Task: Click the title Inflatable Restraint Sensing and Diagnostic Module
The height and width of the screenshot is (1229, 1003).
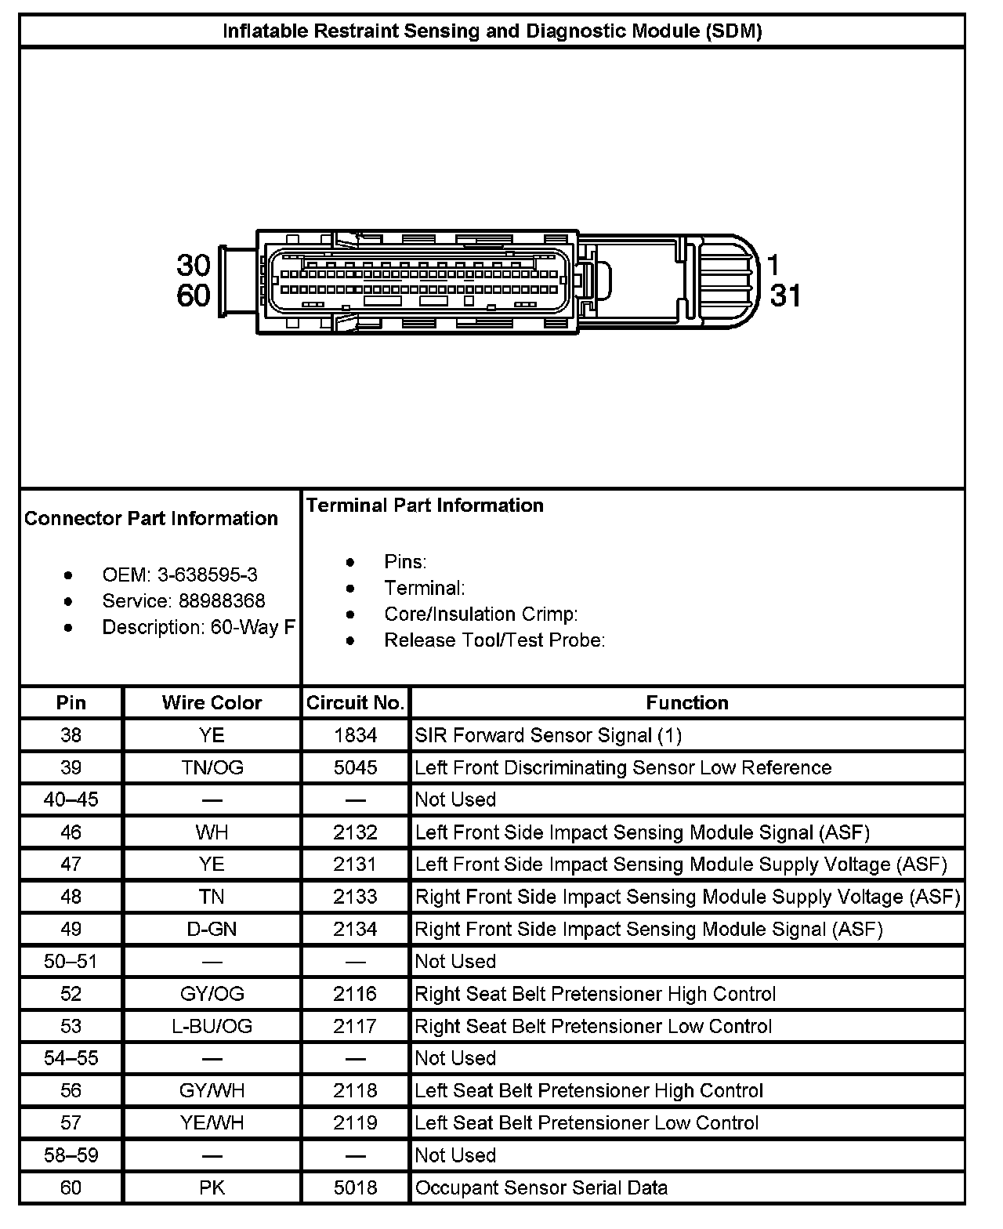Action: point(492,31)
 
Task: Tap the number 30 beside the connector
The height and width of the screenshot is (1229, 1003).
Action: point(194,265)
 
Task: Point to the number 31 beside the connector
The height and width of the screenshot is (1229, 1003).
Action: point(785,295)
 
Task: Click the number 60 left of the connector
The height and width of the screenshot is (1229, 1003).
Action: point(194,295)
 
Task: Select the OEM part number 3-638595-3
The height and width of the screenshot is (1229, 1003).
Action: point(207,575)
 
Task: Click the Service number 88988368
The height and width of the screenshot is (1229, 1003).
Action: point(223,601)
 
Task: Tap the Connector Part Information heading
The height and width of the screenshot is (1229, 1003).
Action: point(151,519)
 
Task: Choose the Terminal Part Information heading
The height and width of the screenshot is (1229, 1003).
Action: point(425,506)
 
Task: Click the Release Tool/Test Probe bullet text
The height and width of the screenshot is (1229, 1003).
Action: point(494,640)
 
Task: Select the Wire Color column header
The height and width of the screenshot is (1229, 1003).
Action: point(212,703)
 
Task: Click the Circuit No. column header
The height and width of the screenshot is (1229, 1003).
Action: point(355,703)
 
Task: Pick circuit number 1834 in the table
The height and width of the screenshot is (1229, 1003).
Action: point(355,735)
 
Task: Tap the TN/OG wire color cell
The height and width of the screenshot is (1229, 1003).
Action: point(212,767)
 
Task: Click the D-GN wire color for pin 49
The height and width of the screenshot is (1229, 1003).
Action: point(212,929)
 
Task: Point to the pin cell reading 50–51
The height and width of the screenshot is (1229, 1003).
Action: point(71,962)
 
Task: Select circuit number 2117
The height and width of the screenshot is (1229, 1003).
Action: point(355,1026)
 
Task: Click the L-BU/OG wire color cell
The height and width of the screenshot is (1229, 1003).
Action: point(212,1026)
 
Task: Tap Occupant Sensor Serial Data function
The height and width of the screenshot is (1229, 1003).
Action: point(541,1187)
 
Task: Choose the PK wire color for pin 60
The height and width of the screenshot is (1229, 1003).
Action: point(212,1187)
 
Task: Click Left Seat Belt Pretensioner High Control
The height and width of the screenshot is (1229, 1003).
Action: point(588,1090)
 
